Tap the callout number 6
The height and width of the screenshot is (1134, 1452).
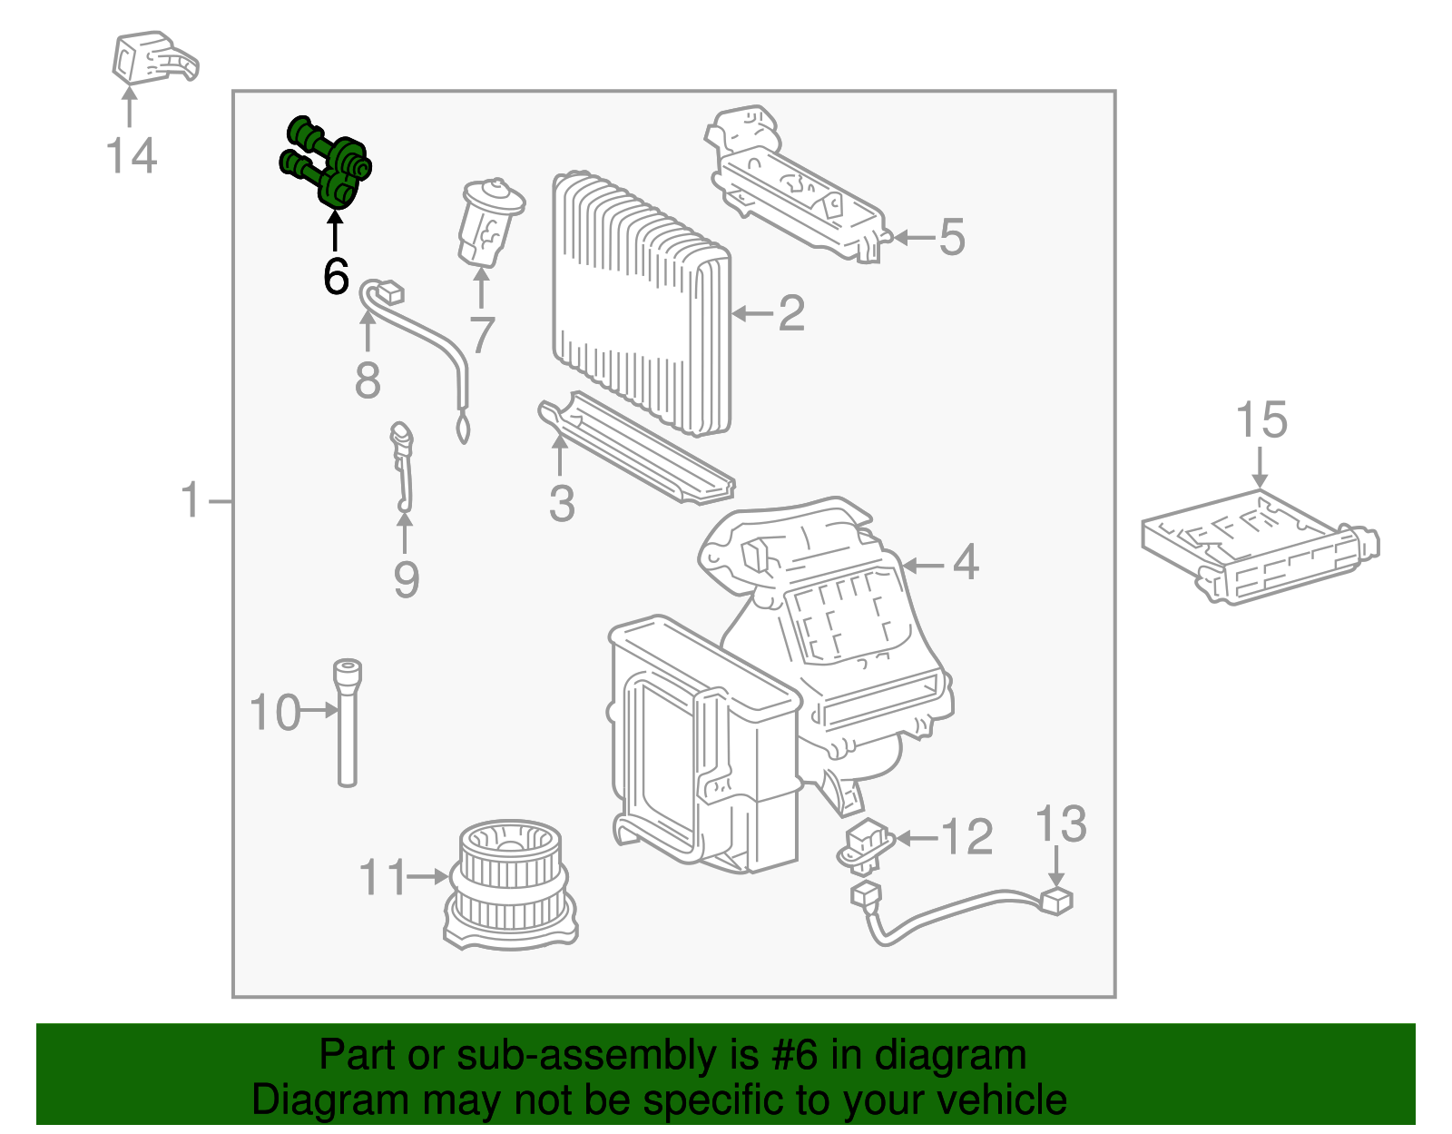click(x=336, y=276)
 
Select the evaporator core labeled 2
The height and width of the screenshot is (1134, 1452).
click(x=641, y=300)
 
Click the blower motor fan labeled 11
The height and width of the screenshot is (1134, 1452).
click(x=510, y=885)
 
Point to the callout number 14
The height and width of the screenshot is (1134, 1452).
click(x=132, y=155)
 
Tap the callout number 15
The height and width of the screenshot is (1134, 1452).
click(x=1261, y=420)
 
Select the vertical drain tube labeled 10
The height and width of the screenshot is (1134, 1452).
click(x=347, y=722)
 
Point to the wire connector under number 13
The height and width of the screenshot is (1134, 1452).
click(x=1056, y=901)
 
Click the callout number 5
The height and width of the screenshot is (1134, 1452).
click(x=951, y=237)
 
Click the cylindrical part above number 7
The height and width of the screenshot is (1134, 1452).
click(x=490, y=222)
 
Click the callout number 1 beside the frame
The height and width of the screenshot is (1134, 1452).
click(x=191, y=500)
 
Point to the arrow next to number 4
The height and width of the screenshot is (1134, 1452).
click(x=923, y=566)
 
